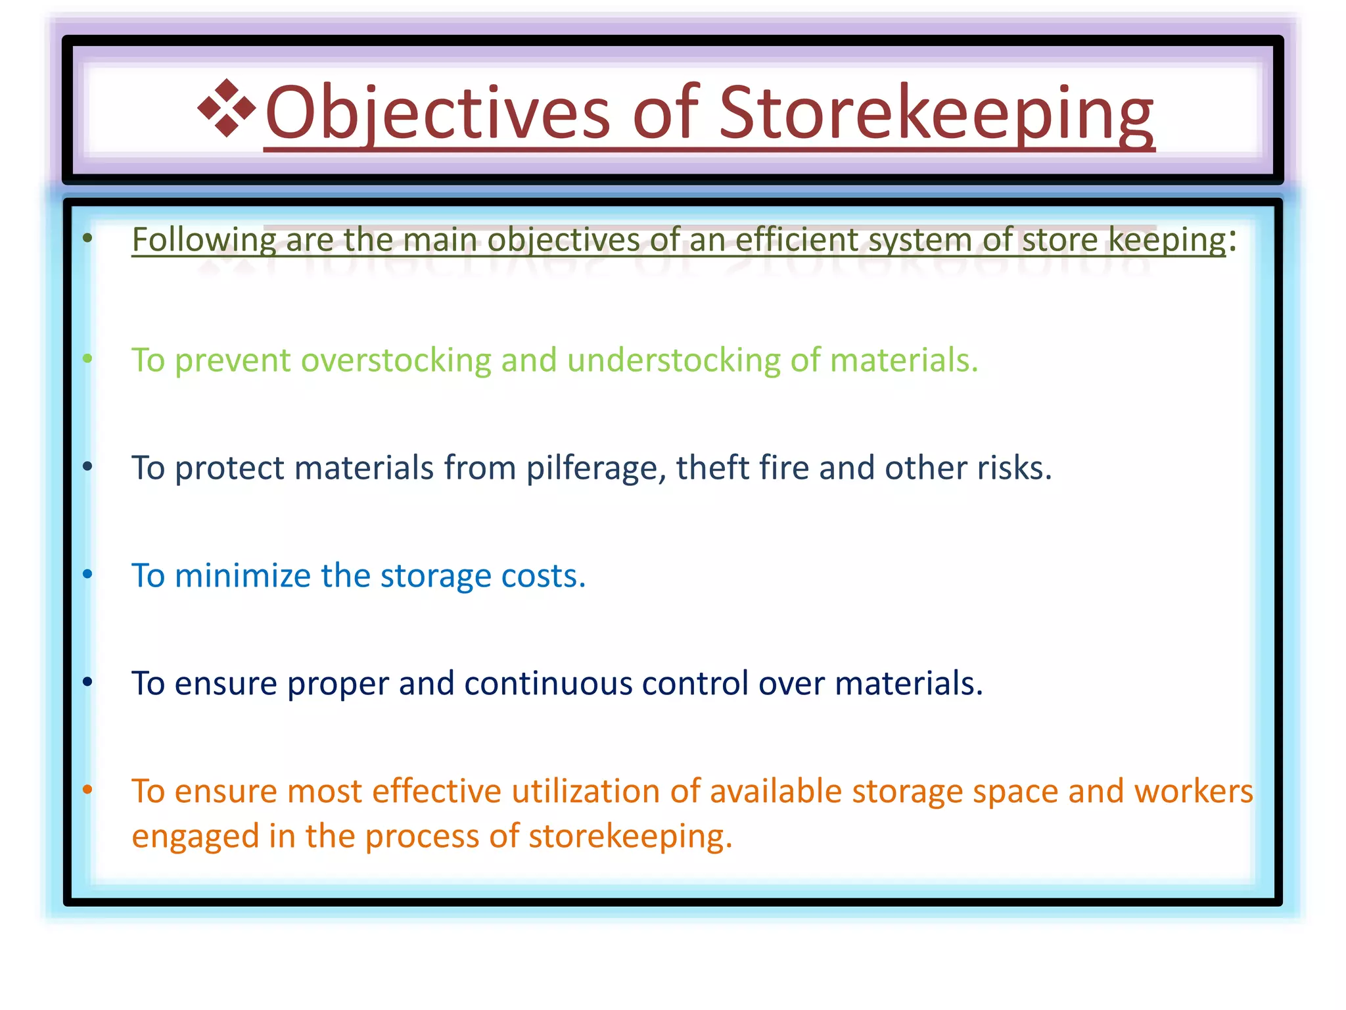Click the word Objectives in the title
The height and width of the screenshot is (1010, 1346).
[x=438, y=113]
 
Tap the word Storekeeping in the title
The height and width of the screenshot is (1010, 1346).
[x=936, y=113]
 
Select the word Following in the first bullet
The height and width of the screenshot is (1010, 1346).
[x=204, y=239]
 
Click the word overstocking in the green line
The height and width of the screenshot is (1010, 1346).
[x=396, y=360]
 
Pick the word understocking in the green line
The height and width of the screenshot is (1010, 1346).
[x=673, y=360]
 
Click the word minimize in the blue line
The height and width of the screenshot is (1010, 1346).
[x=243, y=576]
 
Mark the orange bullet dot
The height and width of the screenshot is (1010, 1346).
[x=87, y=790]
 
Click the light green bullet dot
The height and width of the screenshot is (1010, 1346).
[x=87, y=359]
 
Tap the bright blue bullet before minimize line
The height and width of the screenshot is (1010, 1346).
[x=87, y=575]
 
